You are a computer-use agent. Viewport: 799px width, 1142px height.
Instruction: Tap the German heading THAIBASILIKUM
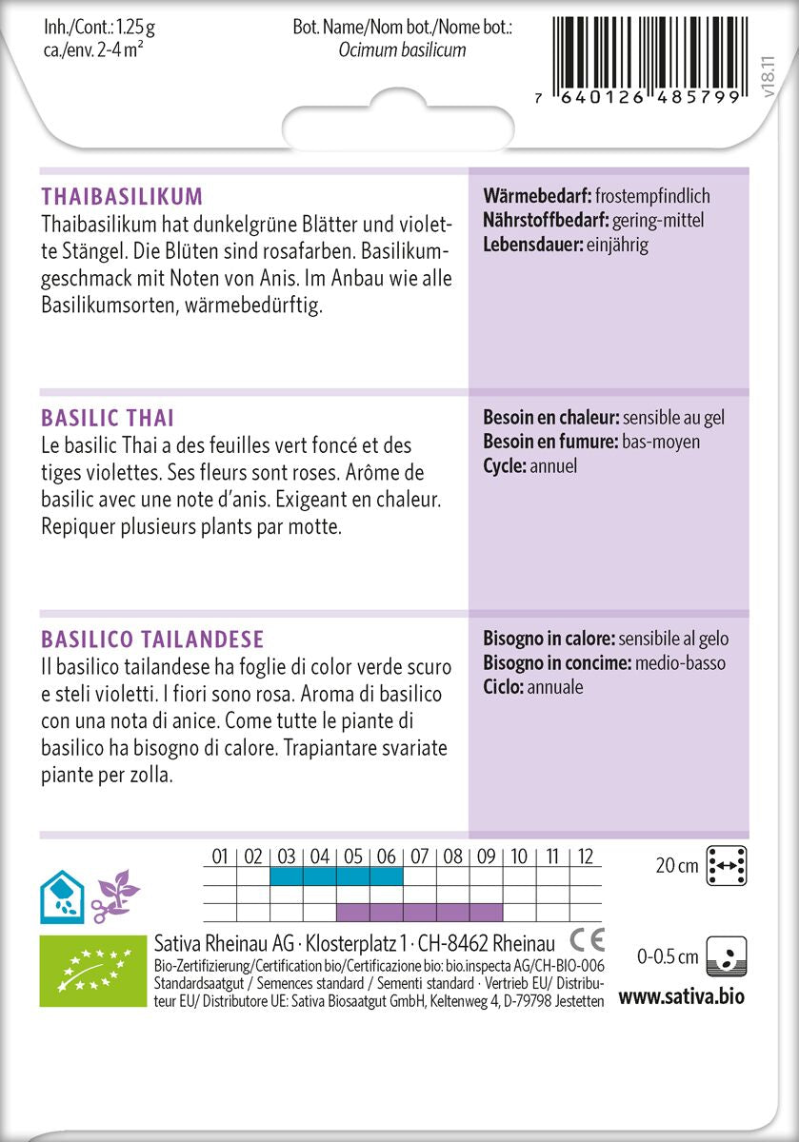122,197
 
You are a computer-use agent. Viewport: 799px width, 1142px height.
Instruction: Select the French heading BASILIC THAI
108,418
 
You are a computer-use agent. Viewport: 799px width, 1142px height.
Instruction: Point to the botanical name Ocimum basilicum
402,49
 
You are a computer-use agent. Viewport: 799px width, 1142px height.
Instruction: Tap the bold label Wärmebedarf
536,197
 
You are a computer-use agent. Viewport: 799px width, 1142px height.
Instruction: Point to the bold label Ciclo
503,686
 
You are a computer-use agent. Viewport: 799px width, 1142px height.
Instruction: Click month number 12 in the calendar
586,856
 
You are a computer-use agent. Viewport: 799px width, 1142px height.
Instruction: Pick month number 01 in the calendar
220,856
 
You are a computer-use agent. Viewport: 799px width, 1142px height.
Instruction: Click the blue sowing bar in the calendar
336,876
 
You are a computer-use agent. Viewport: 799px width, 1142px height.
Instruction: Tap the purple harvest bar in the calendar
419,912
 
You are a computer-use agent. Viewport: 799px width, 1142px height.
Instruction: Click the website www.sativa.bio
681,996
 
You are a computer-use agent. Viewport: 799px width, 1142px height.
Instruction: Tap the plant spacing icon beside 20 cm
727,865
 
